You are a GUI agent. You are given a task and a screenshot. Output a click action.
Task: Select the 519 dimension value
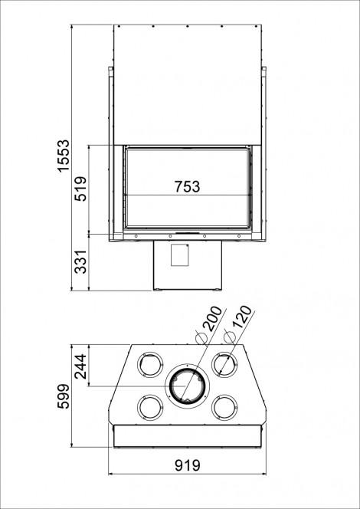pos(80,189)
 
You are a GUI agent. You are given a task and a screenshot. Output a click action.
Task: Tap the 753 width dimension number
pos(187,186)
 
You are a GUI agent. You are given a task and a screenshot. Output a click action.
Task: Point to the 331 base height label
pos(80,261)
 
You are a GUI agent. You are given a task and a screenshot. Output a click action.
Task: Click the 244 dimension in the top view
pos(80,366)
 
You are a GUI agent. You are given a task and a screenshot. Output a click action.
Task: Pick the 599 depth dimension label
pos(63,396)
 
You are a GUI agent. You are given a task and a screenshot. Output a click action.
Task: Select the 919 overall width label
pos(188,465)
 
